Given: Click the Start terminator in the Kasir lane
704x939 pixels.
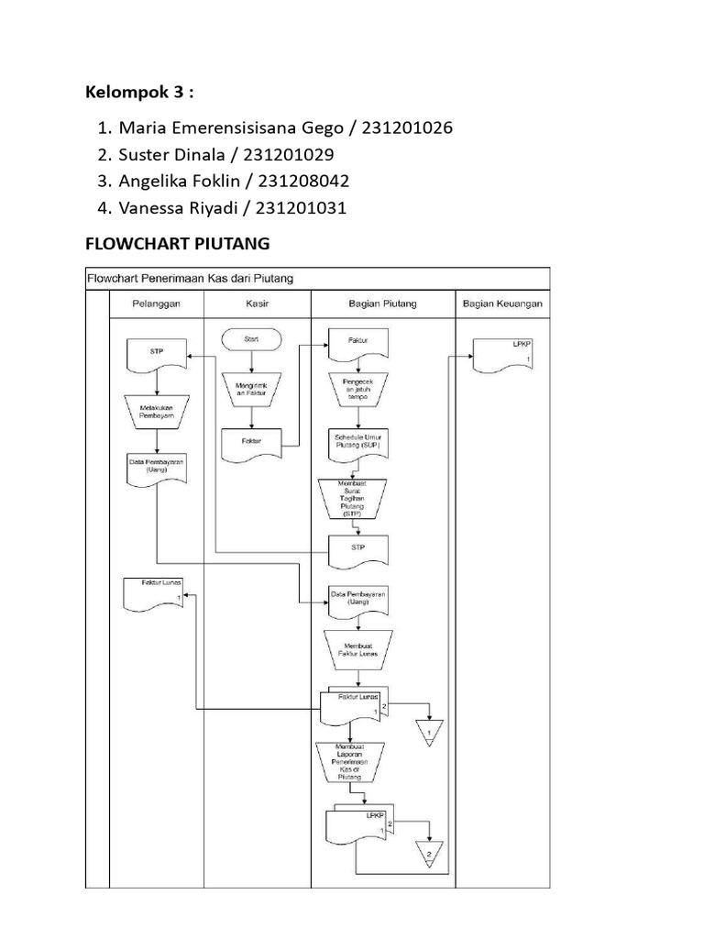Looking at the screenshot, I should [x=251, y=339].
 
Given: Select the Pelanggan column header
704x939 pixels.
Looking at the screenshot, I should [x=156, y=304].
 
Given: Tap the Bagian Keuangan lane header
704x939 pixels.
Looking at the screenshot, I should [x=502, y=304].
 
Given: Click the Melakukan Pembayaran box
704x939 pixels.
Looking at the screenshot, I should [x=156, y=410].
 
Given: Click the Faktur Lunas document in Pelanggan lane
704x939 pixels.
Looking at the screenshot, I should [x=153, y=593].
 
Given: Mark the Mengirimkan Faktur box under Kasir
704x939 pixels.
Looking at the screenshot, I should [x=251, y=391].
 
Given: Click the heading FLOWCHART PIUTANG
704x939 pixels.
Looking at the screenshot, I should [x=176, y=244].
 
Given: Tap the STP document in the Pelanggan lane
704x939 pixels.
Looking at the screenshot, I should [x=156, y=354].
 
